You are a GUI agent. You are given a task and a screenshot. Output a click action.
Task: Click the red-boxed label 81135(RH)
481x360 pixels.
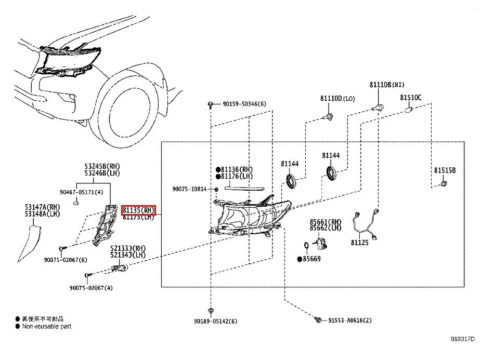[138, 210]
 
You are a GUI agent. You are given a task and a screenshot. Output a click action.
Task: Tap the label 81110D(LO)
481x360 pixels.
[337, 98]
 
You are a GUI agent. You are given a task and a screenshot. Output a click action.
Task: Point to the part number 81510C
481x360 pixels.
[411, 97]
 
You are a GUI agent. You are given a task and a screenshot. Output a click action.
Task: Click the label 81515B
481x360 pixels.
[445, 170]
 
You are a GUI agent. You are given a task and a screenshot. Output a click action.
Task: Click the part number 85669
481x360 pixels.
[312, 259]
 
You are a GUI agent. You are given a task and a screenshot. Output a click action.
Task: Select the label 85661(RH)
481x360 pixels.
[326, 221]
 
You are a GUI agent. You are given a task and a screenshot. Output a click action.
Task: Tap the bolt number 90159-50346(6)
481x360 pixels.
[244, 104]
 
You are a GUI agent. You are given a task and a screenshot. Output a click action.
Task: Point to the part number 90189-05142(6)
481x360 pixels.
[215, 322]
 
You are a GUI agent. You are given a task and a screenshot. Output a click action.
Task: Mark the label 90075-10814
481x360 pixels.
[189, 189]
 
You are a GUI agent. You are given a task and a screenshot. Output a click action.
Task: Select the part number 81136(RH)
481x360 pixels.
[237, 169]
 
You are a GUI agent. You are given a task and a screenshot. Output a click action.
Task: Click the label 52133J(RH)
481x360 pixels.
[128, 248]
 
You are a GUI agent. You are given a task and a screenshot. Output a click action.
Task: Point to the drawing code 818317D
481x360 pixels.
[462, 338]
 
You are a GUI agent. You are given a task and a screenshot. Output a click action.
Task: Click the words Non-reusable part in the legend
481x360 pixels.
[46, 326]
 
